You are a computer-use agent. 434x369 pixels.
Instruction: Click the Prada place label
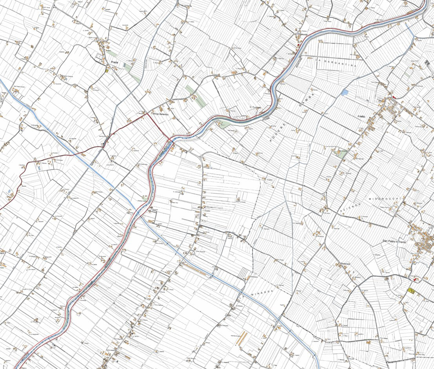114,62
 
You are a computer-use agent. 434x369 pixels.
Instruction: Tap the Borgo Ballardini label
160,114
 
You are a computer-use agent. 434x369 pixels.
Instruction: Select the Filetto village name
361,117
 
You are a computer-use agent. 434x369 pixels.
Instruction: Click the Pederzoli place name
347,264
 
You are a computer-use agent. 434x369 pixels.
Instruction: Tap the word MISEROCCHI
385,199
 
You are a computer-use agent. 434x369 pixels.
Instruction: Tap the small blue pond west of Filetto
345,93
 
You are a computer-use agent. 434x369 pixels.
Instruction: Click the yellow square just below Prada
106,71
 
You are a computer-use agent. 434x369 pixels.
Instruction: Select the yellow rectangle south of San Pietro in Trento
411,290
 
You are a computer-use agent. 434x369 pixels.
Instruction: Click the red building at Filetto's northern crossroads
394,97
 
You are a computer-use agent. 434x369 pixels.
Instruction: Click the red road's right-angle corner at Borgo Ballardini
148,114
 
